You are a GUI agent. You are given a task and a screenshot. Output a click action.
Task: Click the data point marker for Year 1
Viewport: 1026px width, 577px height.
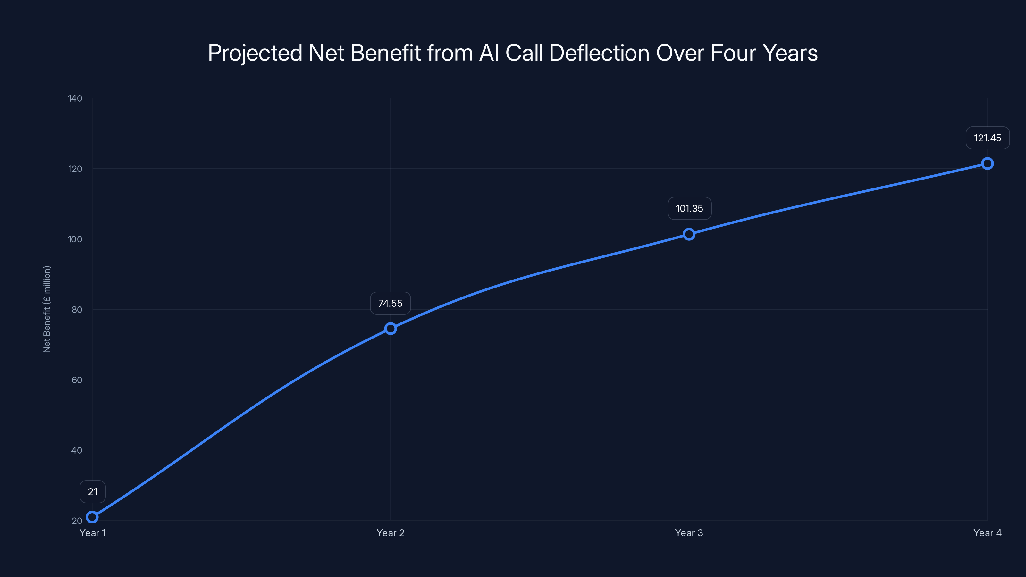[x=92, y=517]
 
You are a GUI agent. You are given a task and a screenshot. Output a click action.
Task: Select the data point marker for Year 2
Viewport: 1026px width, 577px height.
[x=390, y=329]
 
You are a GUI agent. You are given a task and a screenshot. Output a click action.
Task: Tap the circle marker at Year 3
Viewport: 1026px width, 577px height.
[x=689, y=234]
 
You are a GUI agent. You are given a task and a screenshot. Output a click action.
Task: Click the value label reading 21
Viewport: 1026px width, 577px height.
[x=92, y=492]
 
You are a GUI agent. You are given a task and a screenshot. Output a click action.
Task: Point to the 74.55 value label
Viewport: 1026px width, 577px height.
[x=390, y=304]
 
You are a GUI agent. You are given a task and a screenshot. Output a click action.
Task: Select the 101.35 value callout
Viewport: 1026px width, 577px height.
[x=689, y=209]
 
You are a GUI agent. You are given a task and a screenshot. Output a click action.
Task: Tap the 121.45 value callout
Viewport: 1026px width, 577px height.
[x=988, y=138]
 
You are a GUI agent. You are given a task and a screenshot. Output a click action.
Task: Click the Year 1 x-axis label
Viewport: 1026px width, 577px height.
[x=92, y=533]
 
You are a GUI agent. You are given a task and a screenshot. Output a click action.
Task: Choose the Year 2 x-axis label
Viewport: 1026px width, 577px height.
[x=390, y=533]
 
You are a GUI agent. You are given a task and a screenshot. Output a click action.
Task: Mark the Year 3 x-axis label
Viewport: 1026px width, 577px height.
[x=689, y=533]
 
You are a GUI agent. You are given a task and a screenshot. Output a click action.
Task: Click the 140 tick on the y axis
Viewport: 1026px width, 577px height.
[x=75, y=98]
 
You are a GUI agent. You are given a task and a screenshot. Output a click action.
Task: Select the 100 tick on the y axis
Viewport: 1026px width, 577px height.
[x=75, y=239]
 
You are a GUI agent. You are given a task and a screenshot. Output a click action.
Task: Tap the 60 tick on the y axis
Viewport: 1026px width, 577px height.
[x=77, y=380]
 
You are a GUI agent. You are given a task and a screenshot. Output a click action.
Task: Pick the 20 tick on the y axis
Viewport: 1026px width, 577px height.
[x=77, y=521]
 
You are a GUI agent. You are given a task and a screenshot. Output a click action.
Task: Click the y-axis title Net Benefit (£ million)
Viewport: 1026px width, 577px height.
[x=46, y=309]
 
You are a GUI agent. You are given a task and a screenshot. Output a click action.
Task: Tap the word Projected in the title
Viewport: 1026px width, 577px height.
[x=255, y=53]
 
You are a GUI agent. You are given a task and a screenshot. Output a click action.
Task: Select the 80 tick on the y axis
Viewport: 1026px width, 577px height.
[x=77, y=310]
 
